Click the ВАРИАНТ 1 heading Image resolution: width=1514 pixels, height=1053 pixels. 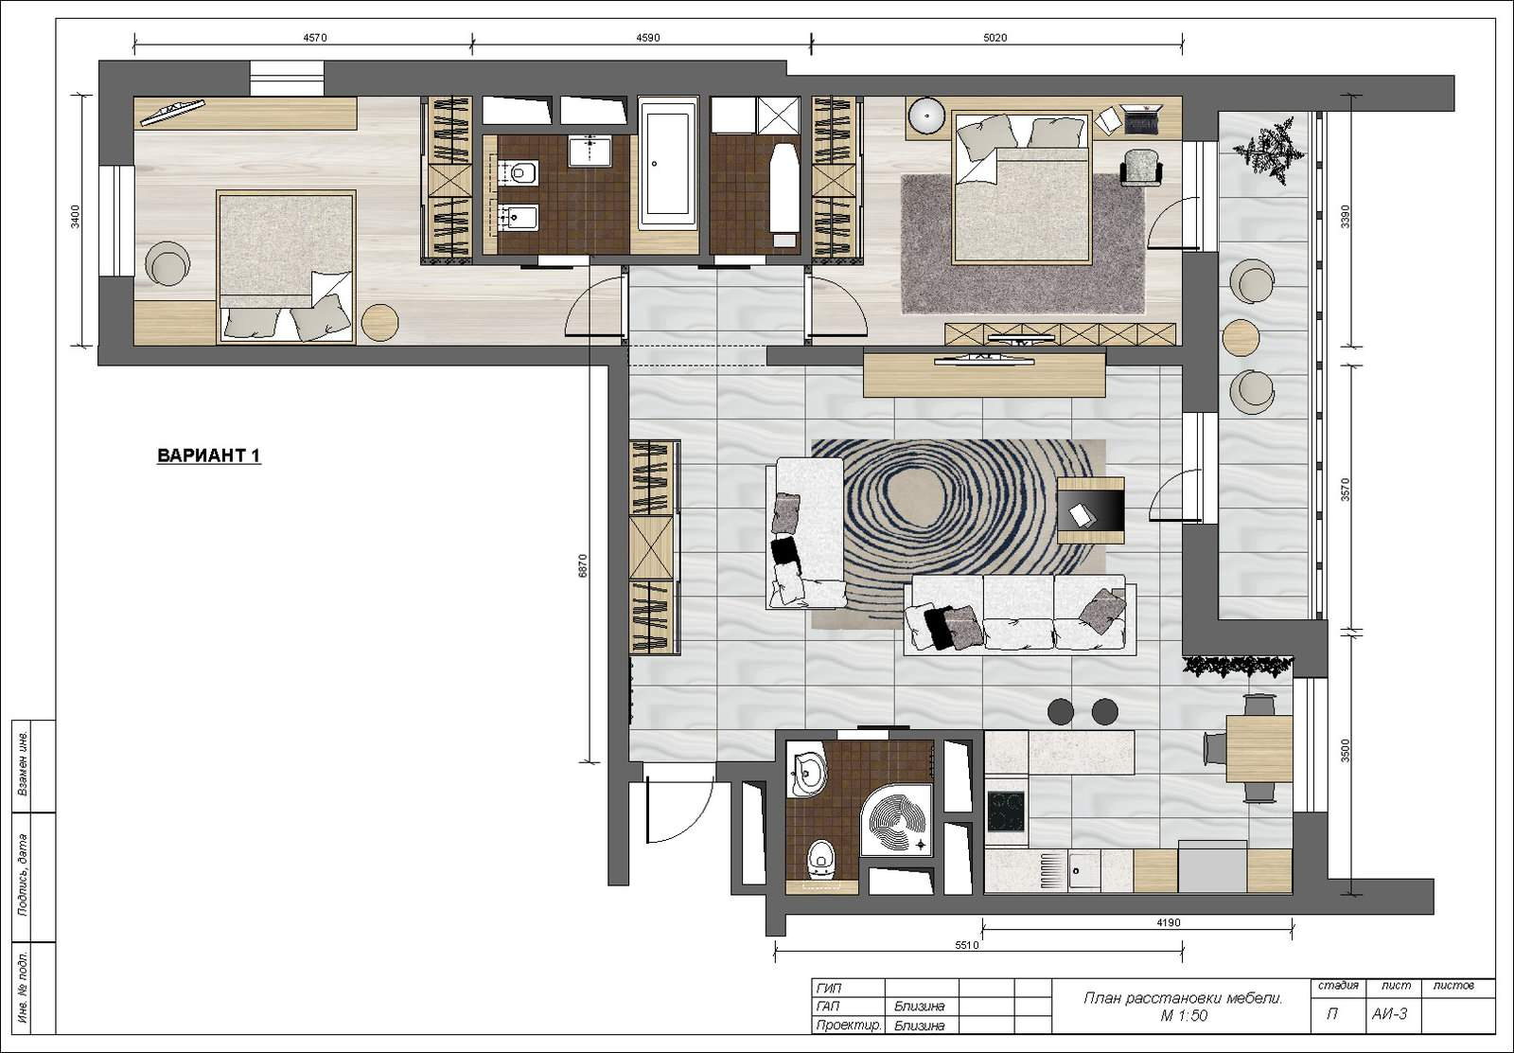tap(209, 455)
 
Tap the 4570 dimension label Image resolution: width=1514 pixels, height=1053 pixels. tap(315, 38)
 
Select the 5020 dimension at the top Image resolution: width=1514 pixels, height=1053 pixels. tap(995, 38)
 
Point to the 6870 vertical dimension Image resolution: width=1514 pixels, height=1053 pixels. tap(583, 566)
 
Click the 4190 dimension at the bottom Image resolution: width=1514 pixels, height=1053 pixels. tap(1168, 921)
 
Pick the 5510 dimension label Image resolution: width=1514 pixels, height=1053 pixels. tap(966, 945)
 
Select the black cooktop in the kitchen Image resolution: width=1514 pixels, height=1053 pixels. tap(1006, 812)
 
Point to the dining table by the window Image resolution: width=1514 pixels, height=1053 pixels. tap(1259, 749)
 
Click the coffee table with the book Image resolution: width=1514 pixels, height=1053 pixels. tap(1090, 510)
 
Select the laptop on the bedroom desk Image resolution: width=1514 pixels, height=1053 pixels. tap(1141, 117)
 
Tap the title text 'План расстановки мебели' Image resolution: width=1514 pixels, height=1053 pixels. tap(1183, 997)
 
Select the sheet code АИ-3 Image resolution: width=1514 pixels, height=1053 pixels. tap(1390, 1013)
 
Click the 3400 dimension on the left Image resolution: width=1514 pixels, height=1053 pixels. tap(76, 217)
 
